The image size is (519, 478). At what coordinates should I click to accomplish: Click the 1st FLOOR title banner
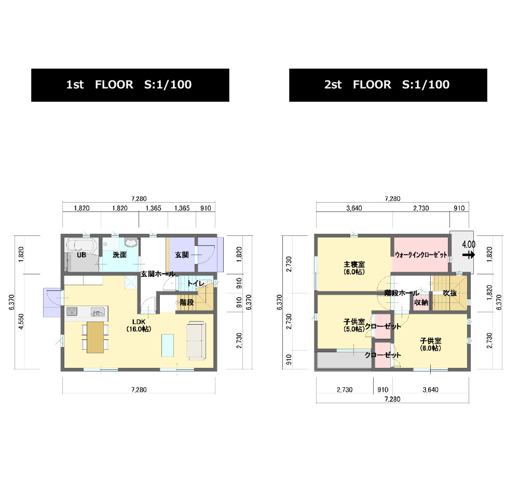[x=130, y=85]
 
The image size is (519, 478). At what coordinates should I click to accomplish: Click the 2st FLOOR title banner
[x=388, y=85]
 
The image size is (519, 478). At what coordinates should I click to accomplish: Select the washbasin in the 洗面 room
[x=131, y=242]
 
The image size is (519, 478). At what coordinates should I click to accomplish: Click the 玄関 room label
[x=182, y=255]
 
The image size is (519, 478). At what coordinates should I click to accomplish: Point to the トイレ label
[x=196, y=283]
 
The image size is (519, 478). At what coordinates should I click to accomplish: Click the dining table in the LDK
[x=95, y=337]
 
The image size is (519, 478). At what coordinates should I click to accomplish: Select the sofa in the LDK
[x=196, y=340]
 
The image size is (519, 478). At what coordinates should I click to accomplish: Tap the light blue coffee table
[x=168, y=345]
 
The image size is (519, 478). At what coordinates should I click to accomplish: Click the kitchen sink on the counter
[x=98, y=312]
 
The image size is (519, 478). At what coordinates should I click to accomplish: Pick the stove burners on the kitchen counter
[x=72, y=311]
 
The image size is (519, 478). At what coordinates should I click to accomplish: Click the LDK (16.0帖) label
[x=139, y=326]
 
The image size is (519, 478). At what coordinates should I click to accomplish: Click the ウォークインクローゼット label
[x=421, y=255]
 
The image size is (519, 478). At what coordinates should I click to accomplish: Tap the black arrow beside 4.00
[x=469, y=255]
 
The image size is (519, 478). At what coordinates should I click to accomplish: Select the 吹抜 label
[x=450, y=293]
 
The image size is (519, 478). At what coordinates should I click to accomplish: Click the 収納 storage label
[x=421, y=302]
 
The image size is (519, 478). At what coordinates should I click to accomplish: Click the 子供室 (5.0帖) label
[x=354, y=325]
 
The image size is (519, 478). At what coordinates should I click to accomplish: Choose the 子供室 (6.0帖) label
[x=431, y=344]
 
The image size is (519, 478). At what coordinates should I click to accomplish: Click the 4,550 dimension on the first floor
[x=21, y=321]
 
